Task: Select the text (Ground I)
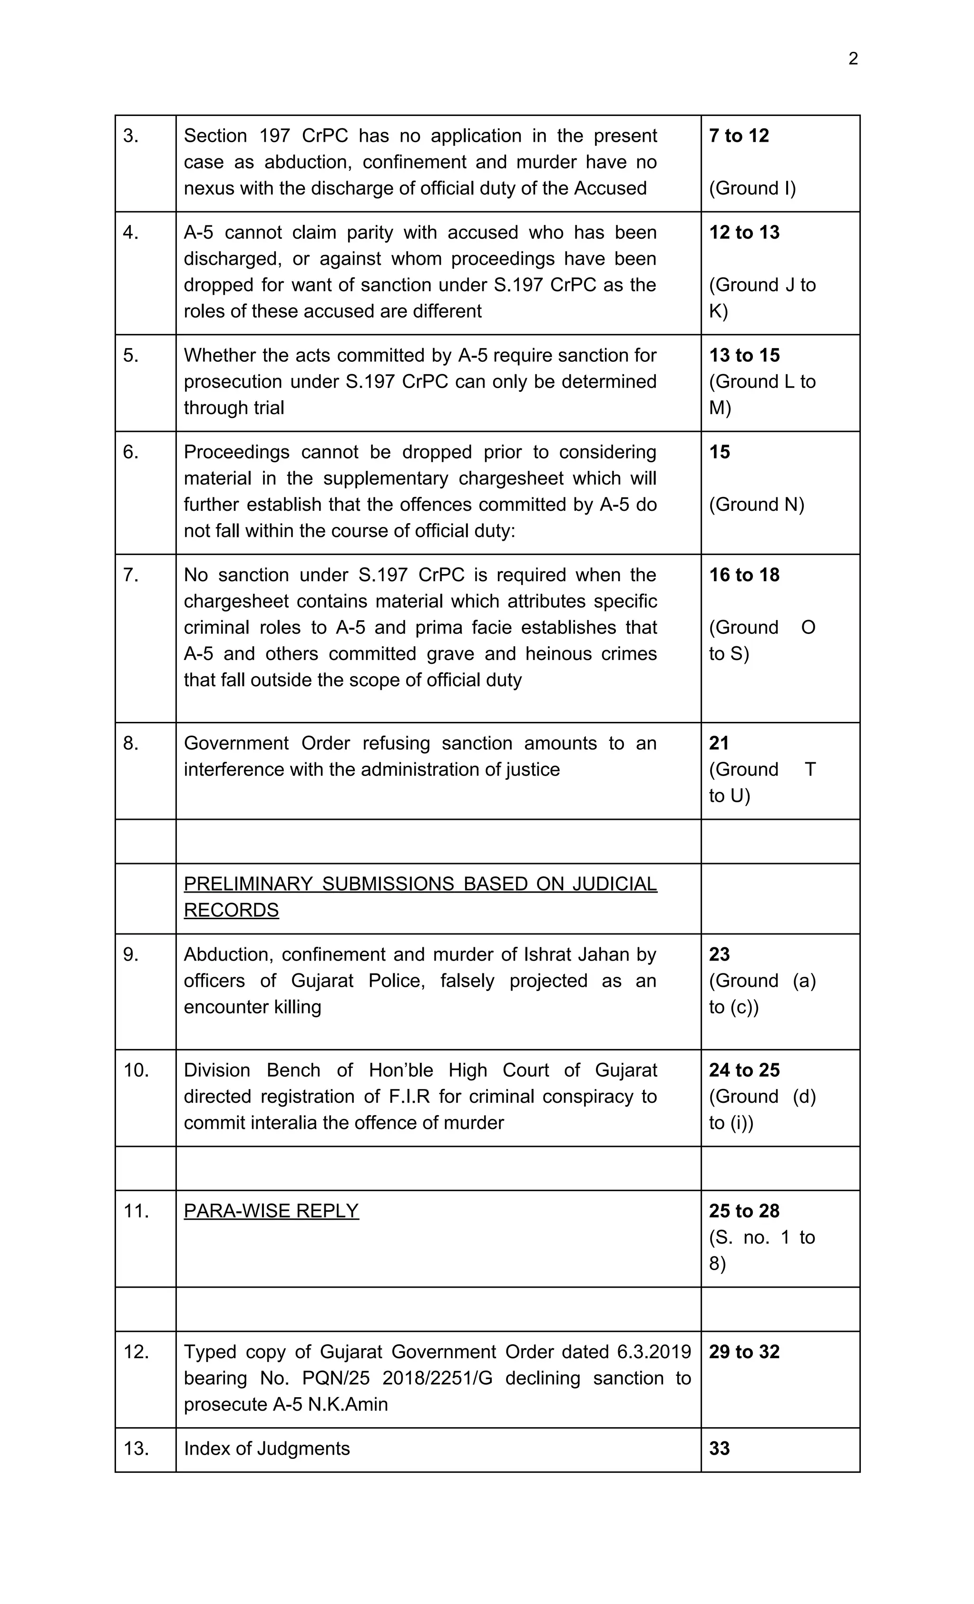(x=752, y=188)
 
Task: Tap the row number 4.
(x=130, y=233)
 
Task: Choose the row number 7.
(x=130, y=575)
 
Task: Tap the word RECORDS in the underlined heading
(x=231, y=910)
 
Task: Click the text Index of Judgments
(x=266, y=1448)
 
